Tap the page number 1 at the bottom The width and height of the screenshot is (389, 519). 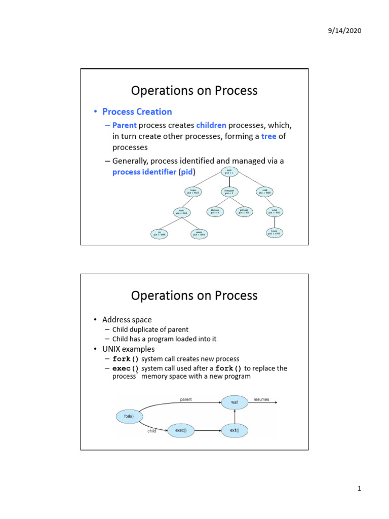[359, 489]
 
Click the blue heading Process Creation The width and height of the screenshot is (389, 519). [137, 112]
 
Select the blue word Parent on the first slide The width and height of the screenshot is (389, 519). [125, 125]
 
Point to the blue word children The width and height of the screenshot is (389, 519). [211, 125]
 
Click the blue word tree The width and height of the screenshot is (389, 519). [269, 136]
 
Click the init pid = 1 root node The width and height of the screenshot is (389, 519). [229, 172]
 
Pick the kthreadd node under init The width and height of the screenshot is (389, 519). [228, 192]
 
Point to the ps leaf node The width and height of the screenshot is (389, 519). [159, 234]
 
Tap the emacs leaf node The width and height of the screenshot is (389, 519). [199, 234]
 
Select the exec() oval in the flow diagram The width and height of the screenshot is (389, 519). [181, 430]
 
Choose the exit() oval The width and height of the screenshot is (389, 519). [235, 430]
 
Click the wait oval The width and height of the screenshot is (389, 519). [235, 402]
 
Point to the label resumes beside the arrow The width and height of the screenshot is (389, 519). [262, 399]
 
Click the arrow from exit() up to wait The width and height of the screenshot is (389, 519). [235, 417]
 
